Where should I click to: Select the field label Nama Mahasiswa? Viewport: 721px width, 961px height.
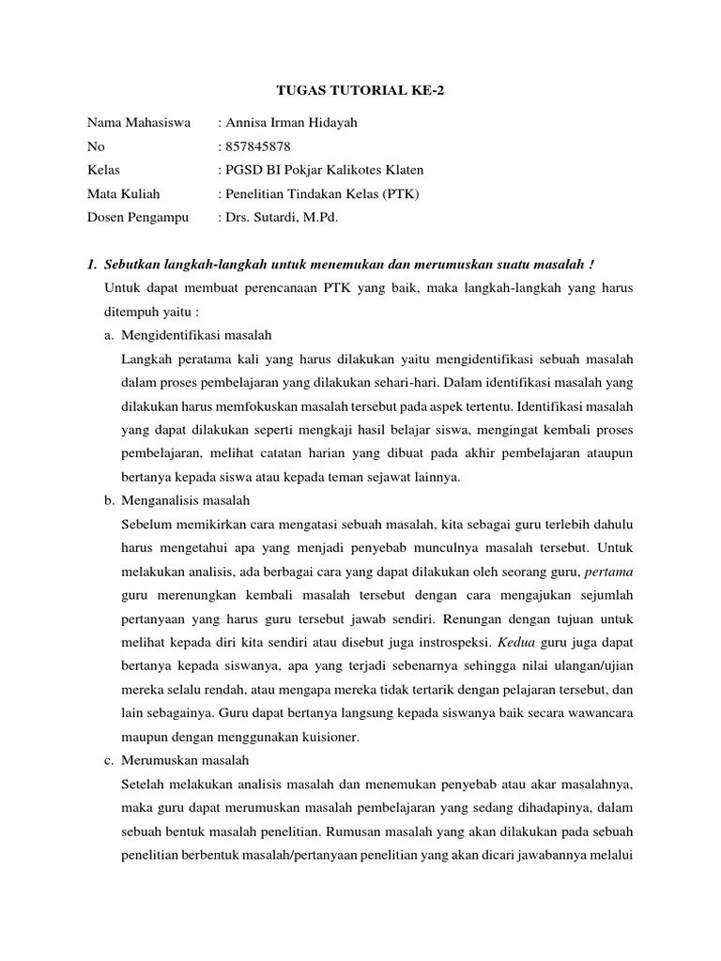click(x=139, y=123)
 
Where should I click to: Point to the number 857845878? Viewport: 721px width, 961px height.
click(x=256, y=146)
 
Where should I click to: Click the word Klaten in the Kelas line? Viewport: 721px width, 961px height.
click(x=403, y=170)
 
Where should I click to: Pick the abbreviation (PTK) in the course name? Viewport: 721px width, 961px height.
click(x=399, y=193)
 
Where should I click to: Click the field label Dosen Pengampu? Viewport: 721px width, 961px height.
click(x=137, y=217)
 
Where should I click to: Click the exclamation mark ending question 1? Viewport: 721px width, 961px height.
click(x=592, y=265)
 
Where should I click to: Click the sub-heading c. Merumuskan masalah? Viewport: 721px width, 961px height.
click(x=176, y=759)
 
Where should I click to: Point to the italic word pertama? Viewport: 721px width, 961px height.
click(x=609, y=572)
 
